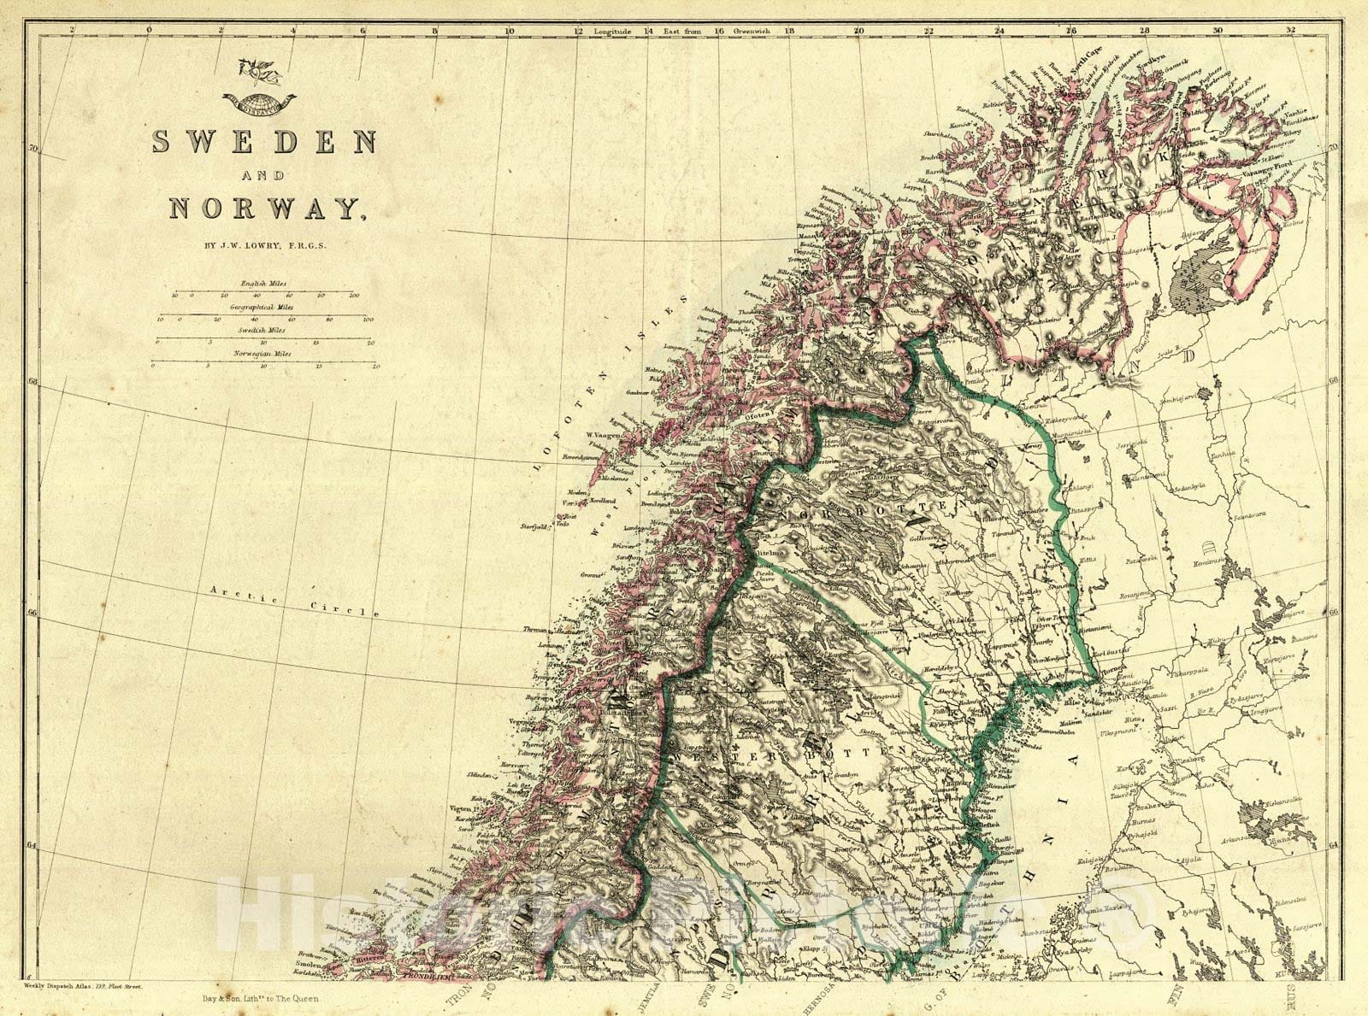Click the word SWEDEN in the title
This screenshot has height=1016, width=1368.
[266, 142]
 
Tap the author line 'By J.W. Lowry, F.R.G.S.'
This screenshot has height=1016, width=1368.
[265, 246]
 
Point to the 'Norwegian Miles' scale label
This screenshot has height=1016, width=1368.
[264, 353]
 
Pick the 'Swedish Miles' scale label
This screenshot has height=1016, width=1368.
[264, 329]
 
